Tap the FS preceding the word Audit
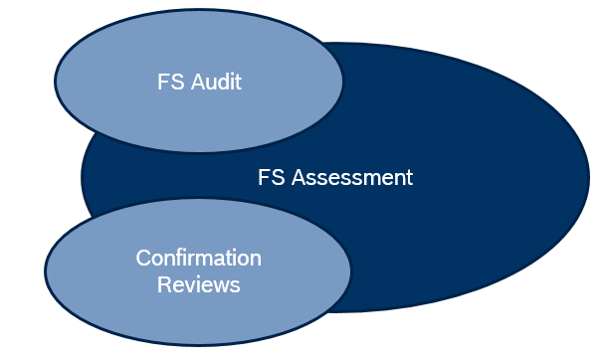170,83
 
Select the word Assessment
355,178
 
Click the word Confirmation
198,259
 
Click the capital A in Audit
194,83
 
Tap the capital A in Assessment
300,178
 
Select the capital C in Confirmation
142,259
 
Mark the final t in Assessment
408,178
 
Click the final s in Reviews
236,285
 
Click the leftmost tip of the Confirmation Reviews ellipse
46,270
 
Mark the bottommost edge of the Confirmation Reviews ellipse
198,347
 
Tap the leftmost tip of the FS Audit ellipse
54,83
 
